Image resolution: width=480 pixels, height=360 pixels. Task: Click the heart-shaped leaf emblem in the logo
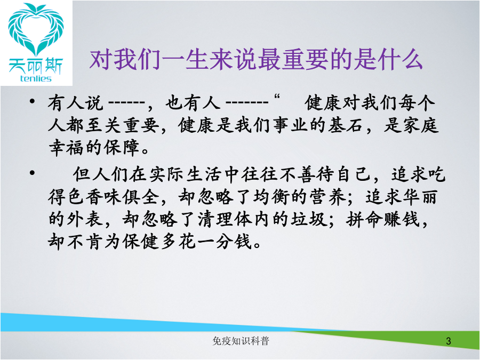click(x=36, y=30)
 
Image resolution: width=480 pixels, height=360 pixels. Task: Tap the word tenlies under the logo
click(x=36, y=79)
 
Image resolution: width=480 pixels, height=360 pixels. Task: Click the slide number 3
click(x=449, y=341)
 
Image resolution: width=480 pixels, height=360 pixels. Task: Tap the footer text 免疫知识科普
click(x=241, y=341)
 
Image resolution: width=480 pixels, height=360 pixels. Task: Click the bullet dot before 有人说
click(x=32, y=101)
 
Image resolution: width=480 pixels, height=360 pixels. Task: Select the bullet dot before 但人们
click(x=32, y=173)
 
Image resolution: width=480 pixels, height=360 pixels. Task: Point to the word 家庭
click(x=420, y=125)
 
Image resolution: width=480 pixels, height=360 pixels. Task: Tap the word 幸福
click(x=67, y=148)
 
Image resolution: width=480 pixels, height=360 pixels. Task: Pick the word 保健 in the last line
click(x=141, y=242)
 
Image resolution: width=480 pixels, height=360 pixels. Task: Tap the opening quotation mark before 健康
click(x=277, y=98)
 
